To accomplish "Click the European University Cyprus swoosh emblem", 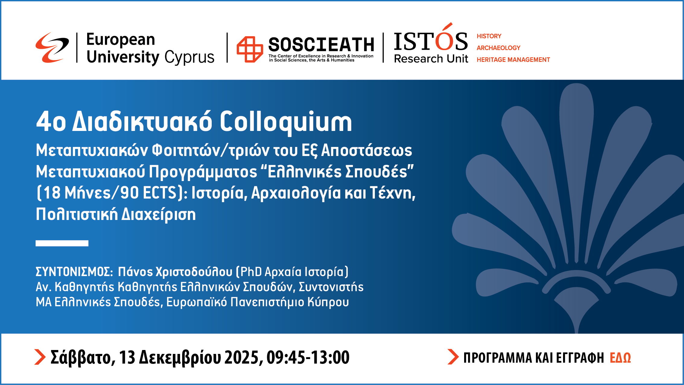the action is (x=52, y=48).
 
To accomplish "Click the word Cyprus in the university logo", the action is (x=189, y=57).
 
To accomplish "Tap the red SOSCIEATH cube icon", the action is (x=250, y=49).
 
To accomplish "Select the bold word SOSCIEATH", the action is (x=321, y=45).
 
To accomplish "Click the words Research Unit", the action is (x=431, y=59).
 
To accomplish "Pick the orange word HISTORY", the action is (x=489, y=36).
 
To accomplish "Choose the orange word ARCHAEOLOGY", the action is (x=499, y=48).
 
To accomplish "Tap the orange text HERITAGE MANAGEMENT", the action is (x=513, y=60).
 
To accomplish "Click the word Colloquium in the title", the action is (x=286, y=122).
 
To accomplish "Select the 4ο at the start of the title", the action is (x=51, y=122).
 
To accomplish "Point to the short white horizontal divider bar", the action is (x=62, y=243).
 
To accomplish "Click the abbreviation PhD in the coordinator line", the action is (x=251, y=272).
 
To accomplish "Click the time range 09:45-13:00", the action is (x=308, y=357).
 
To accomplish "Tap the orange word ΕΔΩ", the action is (x=620, y=358).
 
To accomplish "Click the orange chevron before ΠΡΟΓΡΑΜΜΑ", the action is (x=453, y=357).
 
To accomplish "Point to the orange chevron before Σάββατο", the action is (x=40, y=357).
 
